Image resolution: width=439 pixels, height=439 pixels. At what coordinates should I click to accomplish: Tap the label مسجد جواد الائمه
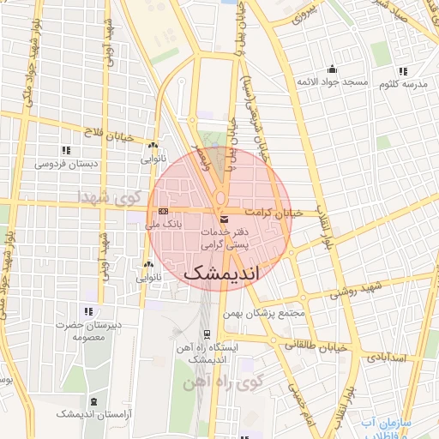pyautogui.click(x=333, y=83)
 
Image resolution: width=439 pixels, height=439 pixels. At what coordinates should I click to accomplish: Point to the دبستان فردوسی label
pyautogui.click(x=66, y=162)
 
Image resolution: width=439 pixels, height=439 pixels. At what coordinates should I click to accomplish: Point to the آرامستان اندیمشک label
pyautogui.click(x=93, y=413)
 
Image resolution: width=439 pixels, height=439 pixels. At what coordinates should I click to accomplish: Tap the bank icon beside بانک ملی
pyautogui.click(x=164, y=211)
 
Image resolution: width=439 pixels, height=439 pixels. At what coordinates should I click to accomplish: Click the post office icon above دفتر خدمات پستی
pyautogui.click(x=224, y=220)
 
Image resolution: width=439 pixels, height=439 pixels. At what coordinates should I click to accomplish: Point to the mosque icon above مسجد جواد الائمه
pyautogui.click(x=333, y=70)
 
